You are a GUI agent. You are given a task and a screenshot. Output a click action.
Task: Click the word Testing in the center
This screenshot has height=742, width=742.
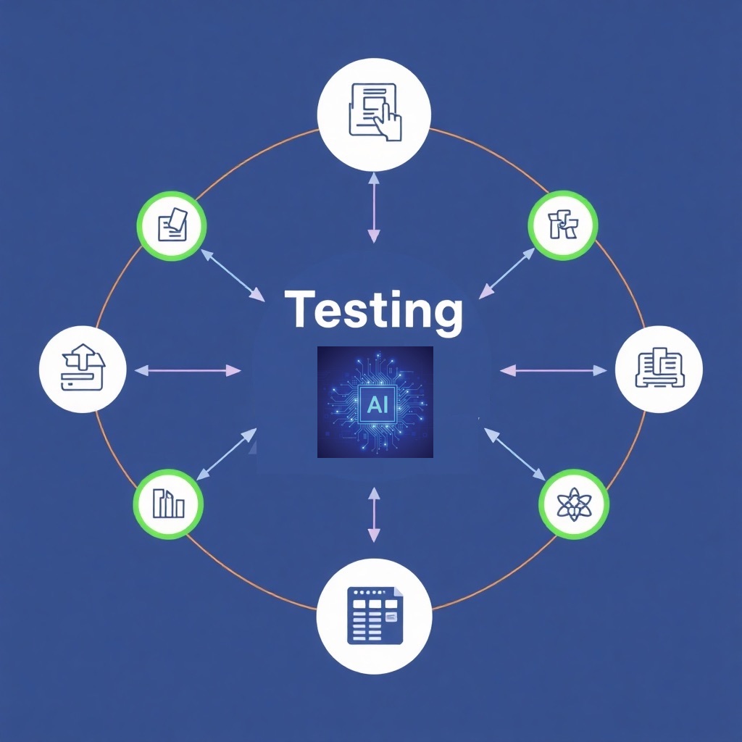[373, 310]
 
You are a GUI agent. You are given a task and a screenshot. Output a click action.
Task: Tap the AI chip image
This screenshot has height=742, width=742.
[375, 401]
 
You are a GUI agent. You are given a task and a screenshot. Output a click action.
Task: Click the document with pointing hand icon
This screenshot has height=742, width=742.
[374, 114]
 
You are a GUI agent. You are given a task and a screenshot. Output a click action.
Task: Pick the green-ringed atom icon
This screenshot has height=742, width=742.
[574, 504]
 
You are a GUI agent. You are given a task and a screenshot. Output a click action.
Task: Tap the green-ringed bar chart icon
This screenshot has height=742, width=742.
[168, 504]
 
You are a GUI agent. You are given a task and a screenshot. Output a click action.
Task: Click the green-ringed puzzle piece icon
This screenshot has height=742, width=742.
[563, 225]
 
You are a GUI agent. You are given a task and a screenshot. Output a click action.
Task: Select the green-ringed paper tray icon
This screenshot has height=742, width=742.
[172, 226]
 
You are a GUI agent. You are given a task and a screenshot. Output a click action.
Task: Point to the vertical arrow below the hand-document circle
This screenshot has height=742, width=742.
[373, 207]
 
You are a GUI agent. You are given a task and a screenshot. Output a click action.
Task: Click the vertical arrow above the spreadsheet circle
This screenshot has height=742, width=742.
[374, 514]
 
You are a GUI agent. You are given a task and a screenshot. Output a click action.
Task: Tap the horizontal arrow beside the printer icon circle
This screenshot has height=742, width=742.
[554, 370]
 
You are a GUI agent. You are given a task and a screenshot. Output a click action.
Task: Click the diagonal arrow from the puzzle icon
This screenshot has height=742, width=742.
[507, 273]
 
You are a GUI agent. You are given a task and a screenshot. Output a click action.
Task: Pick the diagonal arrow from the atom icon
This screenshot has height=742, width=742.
[514, 454]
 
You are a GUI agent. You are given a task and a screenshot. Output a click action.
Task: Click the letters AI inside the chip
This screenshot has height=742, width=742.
[377, 404]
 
